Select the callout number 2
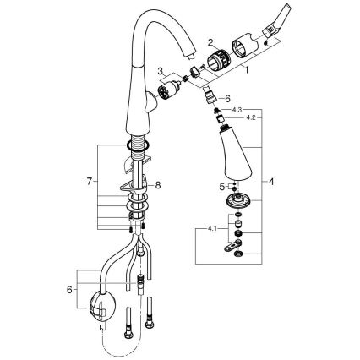(210, 40)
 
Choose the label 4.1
(210, 228)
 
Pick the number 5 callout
(215, 183)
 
